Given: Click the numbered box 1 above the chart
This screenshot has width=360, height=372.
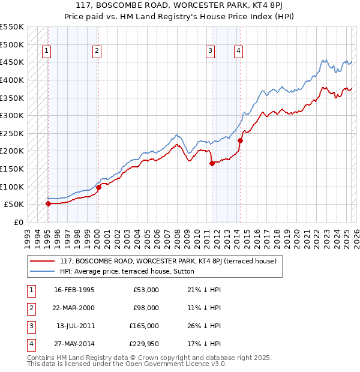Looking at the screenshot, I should pos(46,52).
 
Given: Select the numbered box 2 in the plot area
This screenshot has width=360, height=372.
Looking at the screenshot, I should pos(97,52).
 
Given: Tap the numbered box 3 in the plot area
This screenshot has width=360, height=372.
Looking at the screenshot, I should pos(211,52).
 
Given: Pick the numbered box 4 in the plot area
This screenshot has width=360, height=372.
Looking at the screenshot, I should pos(239,52).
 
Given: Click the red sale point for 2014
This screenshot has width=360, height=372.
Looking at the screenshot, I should pos(240,141).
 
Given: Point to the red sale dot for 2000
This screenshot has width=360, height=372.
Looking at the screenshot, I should pos(98,187).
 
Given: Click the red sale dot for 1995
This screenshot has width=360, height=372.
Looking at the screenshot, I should pos(48,203).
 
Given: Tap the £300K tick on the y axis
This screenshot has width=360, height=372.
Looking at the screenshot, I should pos(11,115).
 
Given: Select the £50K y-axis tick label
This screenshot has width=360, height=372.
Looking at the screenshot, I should pos(14,204).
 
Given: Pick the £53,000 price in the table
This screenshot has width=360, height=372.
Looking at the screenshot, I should pos(146,290).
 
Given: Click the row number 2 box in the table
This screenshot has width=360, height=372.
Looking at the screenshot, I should pos(29,308).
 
